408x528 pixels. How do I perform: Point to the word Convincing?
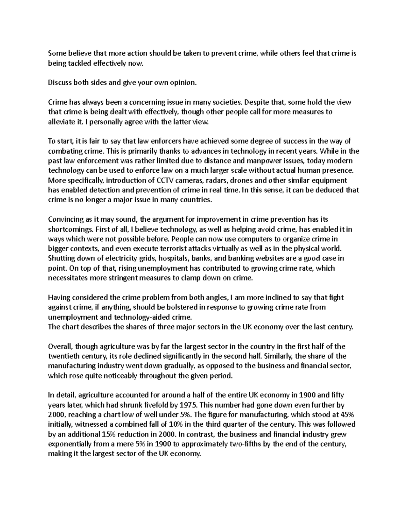65,219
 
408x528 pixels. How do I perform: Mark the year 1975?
189,405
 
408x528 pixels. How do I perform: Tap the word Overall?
60,346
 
